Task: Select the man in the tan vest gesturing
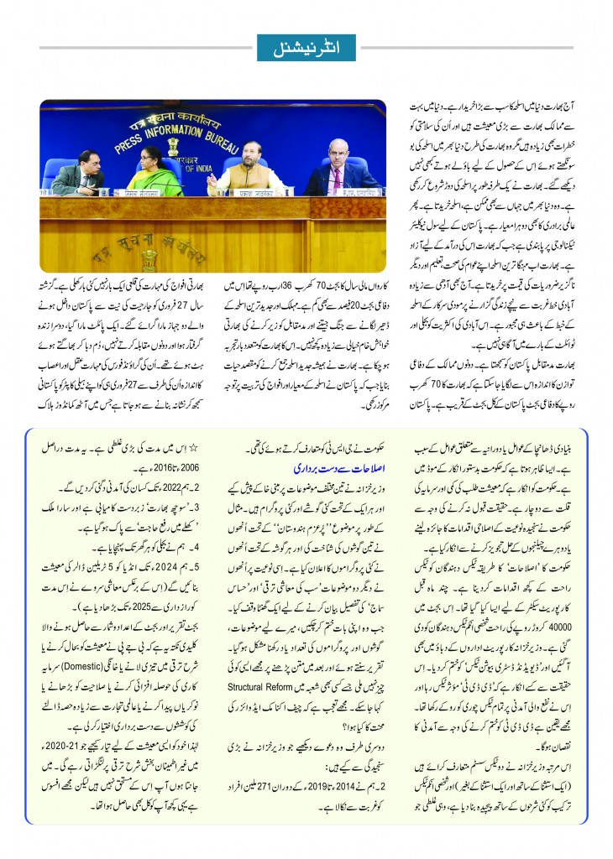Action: (x=251, y=168)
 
